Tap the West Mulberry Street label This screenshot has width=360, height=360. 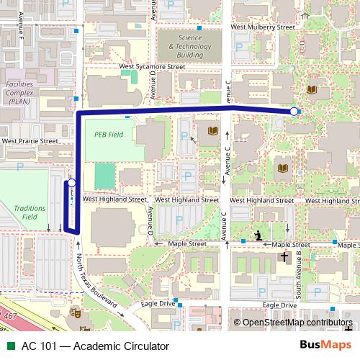263,27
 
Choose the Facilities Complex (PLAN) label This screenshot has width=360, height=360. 19,93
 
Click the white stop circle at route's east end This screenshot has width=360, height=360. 294,112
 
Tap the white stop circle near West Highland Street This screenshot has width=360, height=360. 71,184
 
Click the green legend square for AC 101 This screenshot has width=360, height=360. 10,346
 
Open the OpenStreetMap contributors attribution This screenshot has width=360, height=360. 296,322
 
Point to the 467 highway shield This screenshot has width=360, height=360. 9,316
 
